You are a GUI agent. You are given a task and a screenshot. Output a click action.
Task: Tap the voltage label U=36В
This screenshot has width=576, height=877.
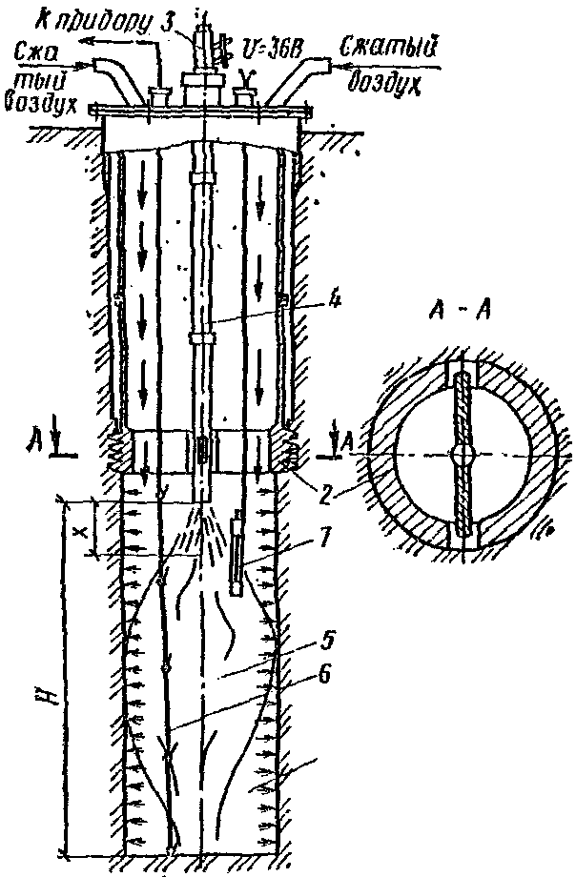pos(267,46)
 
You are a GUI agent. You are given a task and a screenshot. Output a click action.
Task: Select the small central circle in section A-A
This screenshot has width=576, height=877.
pos(463,455)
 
